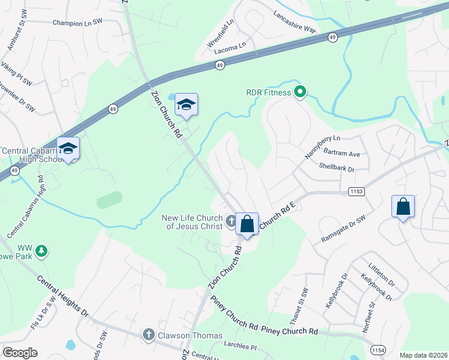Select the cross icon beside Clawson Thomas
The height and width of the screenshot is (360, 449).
click(148, 335)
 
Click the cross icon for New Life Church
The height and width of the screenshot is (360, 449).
click(231, 222)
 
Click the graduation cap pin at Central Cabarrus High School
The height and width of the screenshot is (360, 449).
click(68, 148)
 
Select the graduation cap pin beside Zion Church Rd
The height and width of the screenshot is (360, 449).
click(186, 105)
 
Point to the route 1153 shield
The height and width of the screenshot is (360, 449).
click(357, 191)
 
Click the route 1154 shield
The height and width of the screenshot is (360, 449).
click(378, 349)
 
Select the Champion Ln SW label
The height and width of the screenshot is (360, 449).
click(78, 22)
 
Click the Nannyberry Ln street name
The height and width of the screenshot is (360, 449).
click(322, 147)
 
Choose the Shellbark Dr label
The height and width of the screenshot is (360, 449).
click(337, 169)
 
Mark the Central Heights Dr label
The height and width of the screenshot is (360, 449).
click(62, 296)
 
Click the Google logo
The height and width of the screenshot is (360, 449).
click(20, 353)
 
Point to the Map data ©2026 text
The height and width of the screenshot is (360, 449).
click(423, 355)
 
